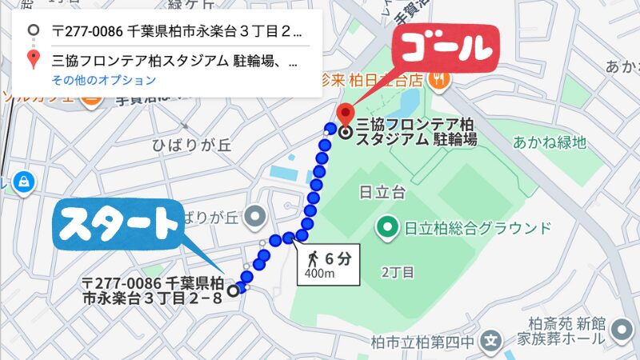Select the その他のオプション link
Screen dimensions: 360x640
click(104, 80)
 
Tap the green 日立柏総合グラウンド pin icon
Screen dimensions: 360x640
click(388, 228)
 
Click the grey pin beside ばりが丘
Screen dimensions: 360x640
click(255, 214)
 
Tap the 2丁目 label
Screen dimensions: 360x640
click(397, 272)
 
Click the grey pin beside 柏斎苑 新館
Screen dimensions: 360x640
click(621, 329)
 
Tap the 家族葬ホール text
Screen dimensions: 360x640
click(566, 339)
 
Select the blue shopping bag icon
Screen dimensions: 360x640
click(21, 180)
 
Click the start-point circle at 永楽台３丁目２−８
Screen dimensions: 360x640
click(233, 290)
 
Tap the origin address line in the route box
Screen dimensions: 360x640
click(176, 33)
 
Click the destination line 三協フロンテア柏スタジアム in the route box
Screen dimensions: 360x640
click(176, 60)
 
